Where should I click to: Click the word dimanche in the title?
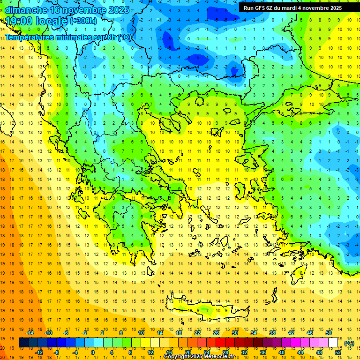(26, 9)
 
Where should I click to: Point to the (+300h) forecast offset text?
(83, 21)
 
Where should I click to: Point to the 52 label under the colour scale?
(338, 352)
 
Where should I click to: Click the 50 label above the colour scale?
(329, 333)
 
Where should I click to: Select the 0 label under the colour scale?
(92, 352)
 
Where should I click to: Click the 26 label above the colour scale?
(216, 333)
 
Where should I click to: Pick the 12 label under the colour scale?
(151, 352)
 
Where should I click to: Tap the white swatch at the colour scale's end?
(333, 343)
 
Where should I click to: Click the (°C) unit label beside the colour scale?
(349, 343)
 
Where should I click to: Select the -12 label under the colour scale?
(39, 352)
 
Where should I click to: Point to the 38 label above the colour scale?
(272, 333)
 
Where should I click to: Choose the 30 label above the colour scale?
(235, 333)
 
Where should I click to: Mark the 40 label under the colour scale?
(282, 352)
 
